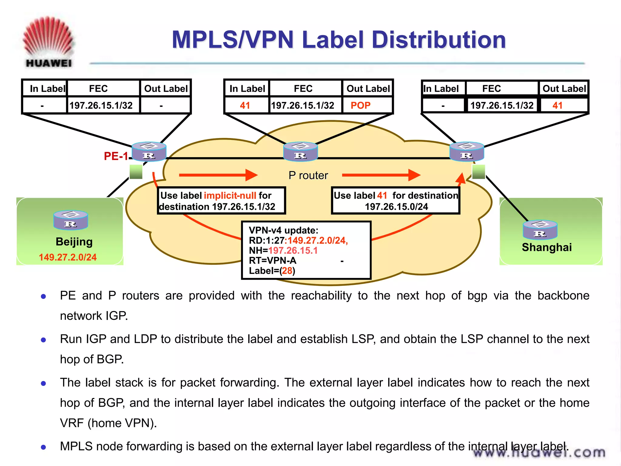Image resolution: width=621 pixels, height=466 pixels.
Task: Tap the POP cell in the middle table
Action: point(360,105)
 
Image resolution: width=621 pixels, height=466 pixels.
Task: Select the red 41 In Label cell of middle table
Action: point(245,105)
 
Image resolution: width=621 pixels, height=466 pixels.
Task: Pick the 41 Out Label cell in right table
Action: point(557,105)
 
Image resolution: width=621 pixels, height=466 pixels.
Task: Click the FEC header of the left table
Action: point(98,89)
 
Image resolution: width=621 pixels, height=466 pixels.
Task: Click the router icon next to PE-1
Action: point(149,151)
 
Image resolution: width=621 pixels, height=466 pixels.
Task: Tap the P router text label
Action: point(308,175)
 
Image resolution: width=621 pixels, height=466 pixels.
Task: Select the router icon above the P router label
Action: point(300,151)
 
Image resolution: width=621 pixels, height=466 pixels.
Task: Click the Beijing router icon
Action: point(71,220)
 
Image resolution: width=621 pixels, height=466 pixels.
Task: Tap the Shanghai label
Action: point(546,247)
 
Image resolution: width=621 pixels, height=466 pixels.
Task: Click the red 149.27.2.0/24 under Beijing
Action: point(68,257)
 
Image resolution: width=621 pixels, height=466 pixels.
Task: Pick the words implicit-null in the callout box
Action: point(230,195)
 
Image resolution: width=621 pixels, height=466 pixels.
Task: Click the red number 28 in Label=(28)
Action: point(287,271)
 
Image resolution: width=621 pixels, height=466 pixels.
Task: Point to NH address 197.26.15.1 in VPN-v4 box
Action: point(293,251)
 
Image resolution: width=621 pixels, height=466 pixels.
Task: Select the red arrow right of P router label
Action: point(381,175)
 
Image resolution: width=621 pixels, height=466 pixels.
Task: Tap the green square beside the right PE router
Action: point(478,172)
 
